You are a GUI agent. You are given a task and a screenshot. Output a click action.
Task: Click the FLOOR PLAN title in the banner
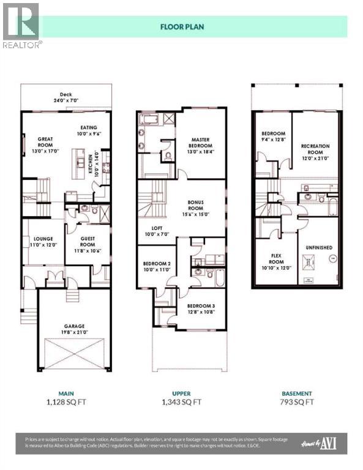(181, 27)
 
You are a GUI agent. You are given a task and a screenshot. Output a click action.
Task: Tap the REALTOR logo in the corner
(21, 24)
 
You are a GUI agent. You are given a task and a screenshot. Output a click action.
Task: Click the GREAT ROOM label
(46, 142)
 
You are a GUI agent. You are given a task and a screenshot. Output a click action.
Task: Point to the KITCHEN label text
(89, 165)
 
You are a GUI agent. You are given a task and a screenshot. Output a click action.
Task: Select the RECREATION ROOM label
(315, 150)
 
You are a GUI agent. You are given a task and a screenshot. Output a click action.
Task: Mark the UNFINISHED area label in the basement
(318, 247)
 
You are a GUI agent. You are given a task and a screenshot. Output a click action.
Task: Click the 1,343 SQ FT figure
(181, 402)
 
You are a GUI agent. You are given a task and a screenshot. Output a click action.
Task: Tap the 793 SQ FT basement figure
(296, 402)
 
